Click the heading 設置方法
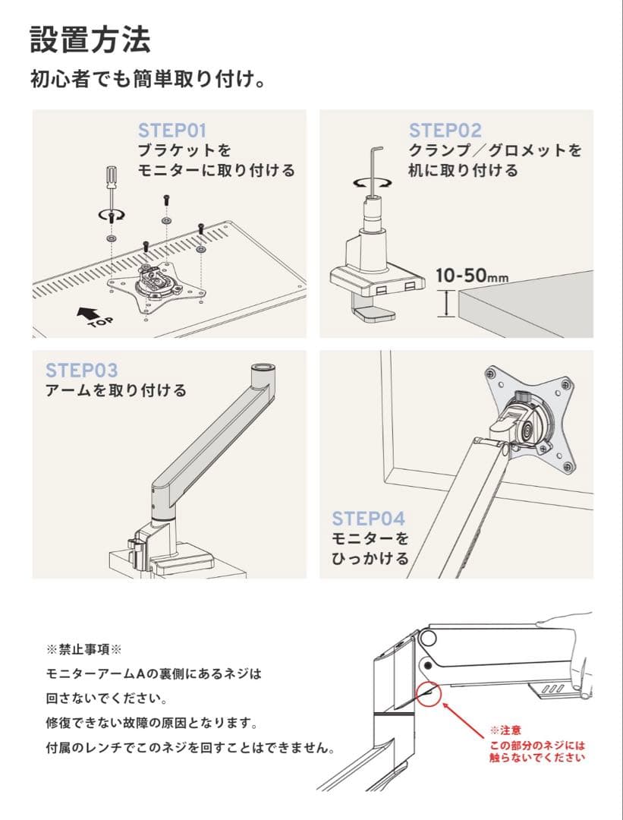coord(90,40)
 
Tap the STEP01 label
coord(172,131)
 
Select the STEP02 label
coord(445,131)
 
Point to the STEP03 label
coord(81,371)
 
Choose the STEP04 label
coord(369,519)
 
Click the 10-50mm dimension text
coord(472,275)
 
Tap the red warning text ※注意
coord(505,730)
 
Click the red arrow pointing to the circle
coord(464,720)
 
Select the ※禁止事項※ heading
coord(83,650)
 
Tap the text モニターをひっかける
coord(370,549)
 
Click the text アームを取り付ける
coord(115,391)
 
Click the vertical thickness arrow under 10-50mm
coord(446,304)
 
